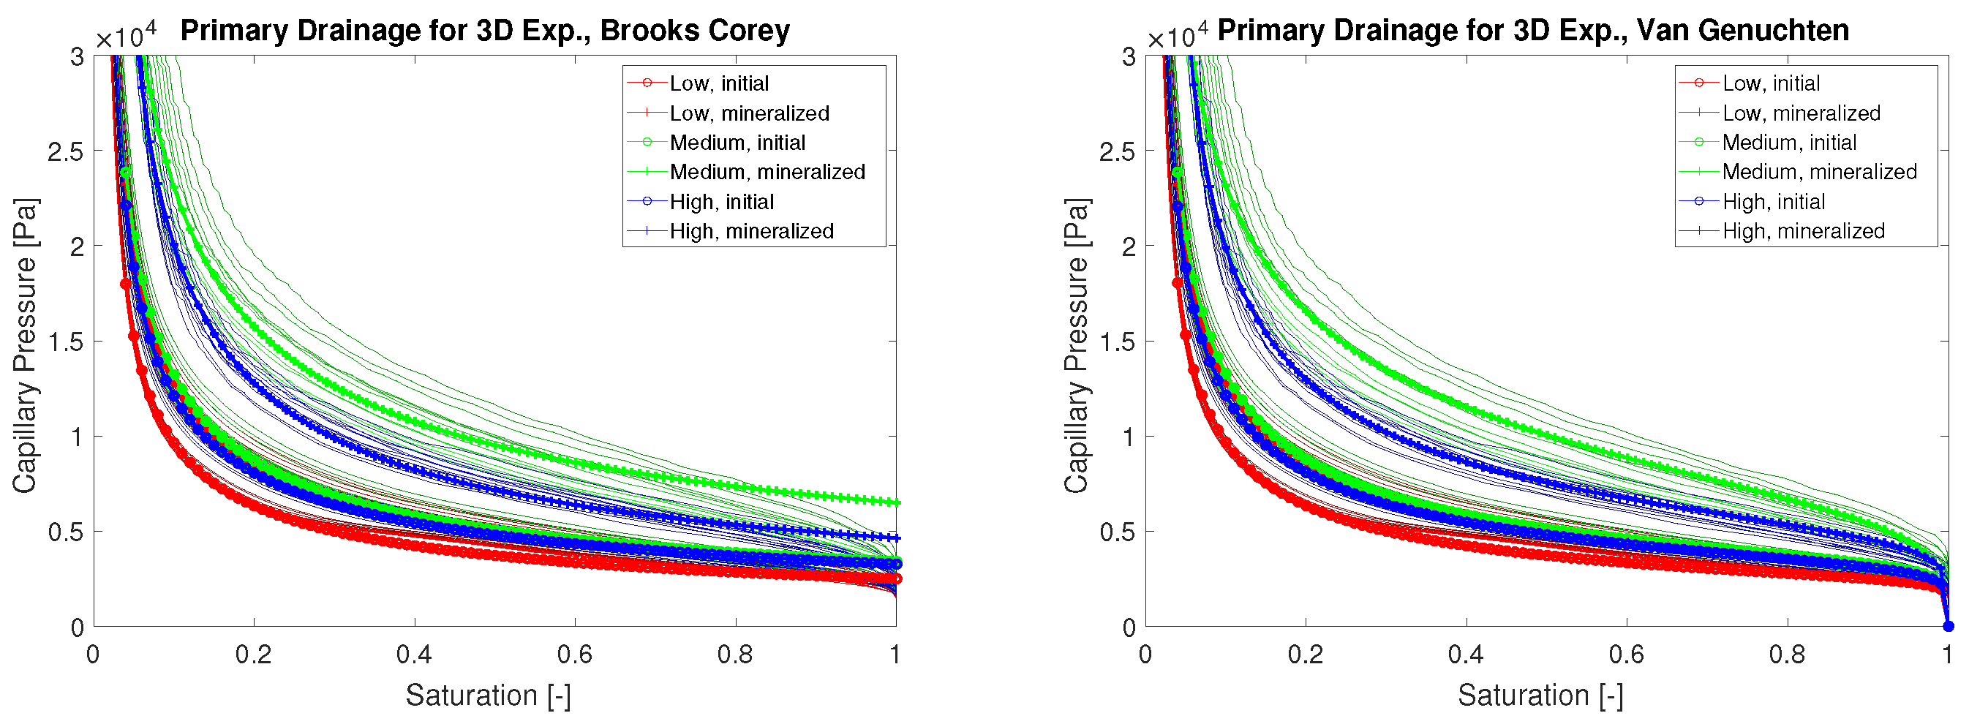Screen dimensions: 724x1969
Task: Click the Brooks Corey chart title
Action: (485, 31)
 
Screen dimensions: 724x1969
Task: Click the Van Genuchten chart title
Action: (1532, 31)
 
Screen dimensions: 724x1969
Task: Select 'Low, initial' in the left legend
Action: (718, 83)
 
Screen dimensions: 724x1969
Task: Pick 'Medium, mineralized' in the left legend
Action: (767, 172)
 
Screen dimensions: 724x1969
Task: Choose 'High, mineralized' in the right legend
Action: (1803, 231)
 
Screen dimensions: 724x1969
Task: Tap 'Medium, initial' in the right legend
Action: (1788, 143)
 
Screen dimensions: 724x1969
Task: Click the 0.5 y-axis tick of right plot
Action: (1117, 532)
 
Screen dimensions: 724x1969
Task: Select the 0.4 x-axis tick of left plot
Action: (414, 655)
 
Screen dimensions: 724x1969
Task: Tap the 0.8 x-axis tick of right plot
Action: (1787, 655)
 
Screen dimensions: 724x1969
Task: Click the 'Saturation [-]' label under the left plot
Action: (488, 695)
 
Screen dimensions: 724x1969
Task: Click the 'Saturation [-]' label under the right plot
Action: (1540, 695)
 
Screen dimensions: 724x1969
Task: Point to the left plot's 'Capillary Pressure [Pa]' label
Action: (24, 346)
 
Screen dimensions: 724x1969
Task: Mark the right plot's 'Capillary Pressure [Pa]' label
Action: (1076, 346)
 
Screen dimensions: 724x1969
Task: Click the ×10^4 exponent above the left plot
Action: (126, 36)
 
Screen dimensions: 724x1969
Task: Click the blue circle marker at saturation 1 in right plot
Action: (1949, 626)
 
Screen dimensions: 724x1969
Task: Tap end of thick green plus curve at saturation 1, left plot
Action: (895, 502)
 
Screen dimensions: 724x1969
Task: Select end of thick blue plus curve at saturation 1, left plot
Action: (895, 538)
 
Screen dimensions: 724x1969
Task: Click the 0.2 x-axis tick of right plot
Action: (1306, 655)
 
